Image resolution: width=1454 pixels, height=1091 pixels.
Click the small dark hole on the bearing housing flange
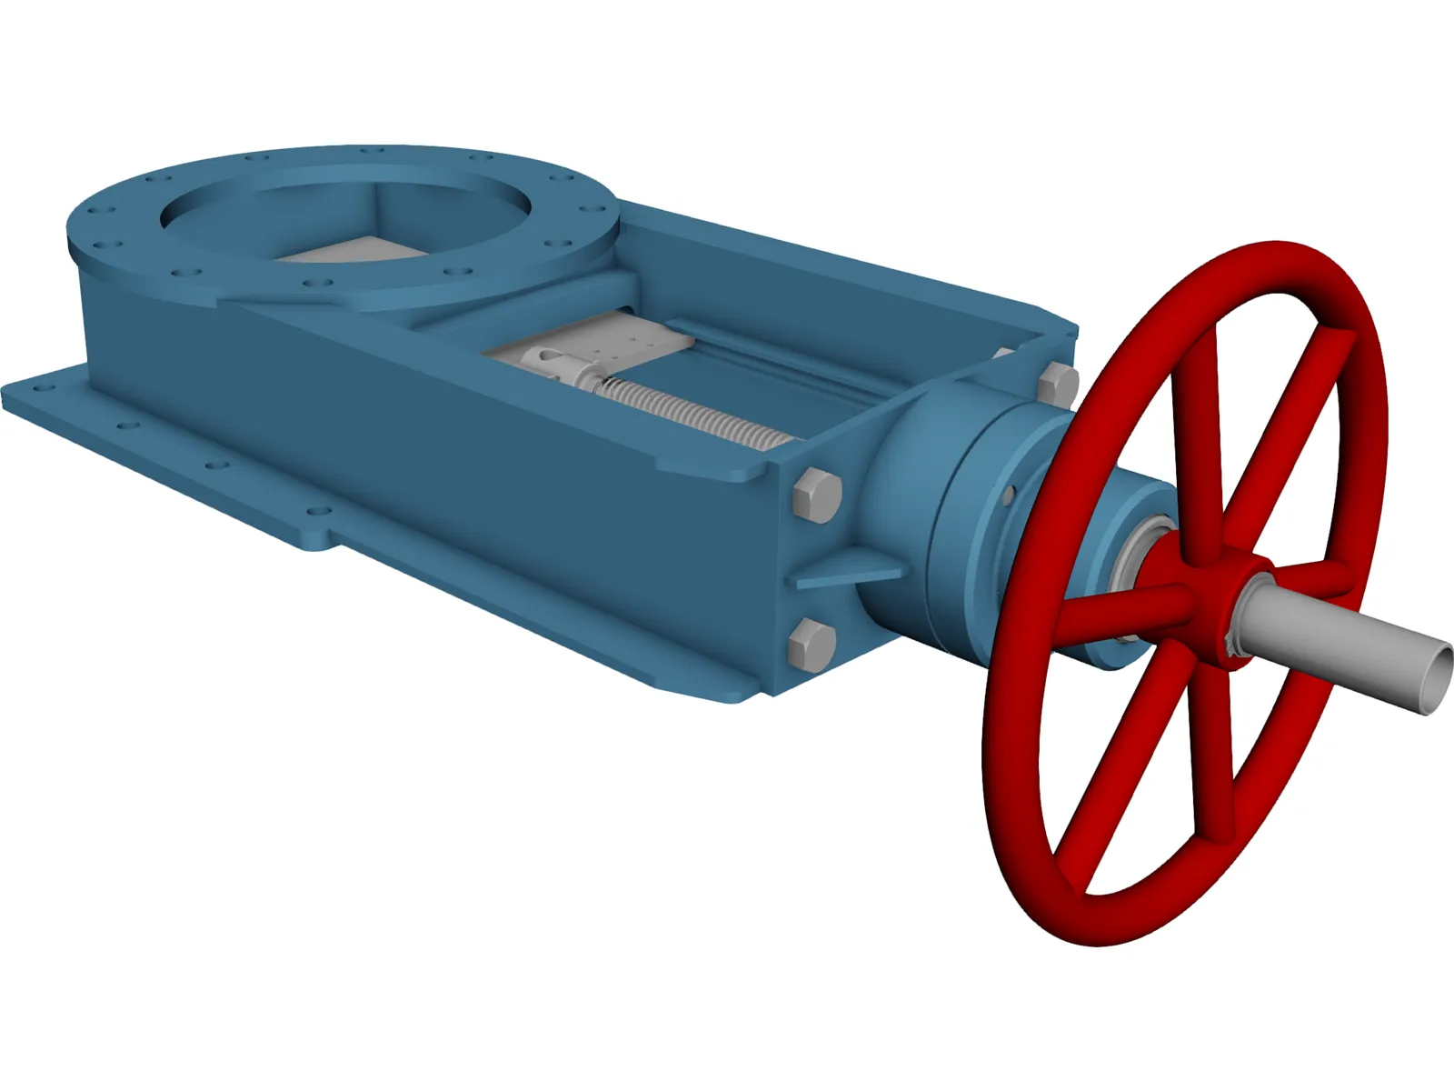(x=1008, y=495)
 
